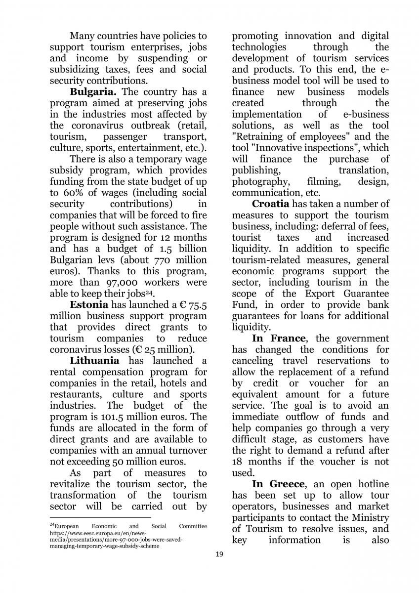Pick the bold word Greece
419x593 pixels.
(x=289, y=484)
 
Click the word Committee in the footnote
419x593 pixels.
(x=193, y=526)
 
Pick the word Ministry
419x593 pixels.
(x=369, y=517)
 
